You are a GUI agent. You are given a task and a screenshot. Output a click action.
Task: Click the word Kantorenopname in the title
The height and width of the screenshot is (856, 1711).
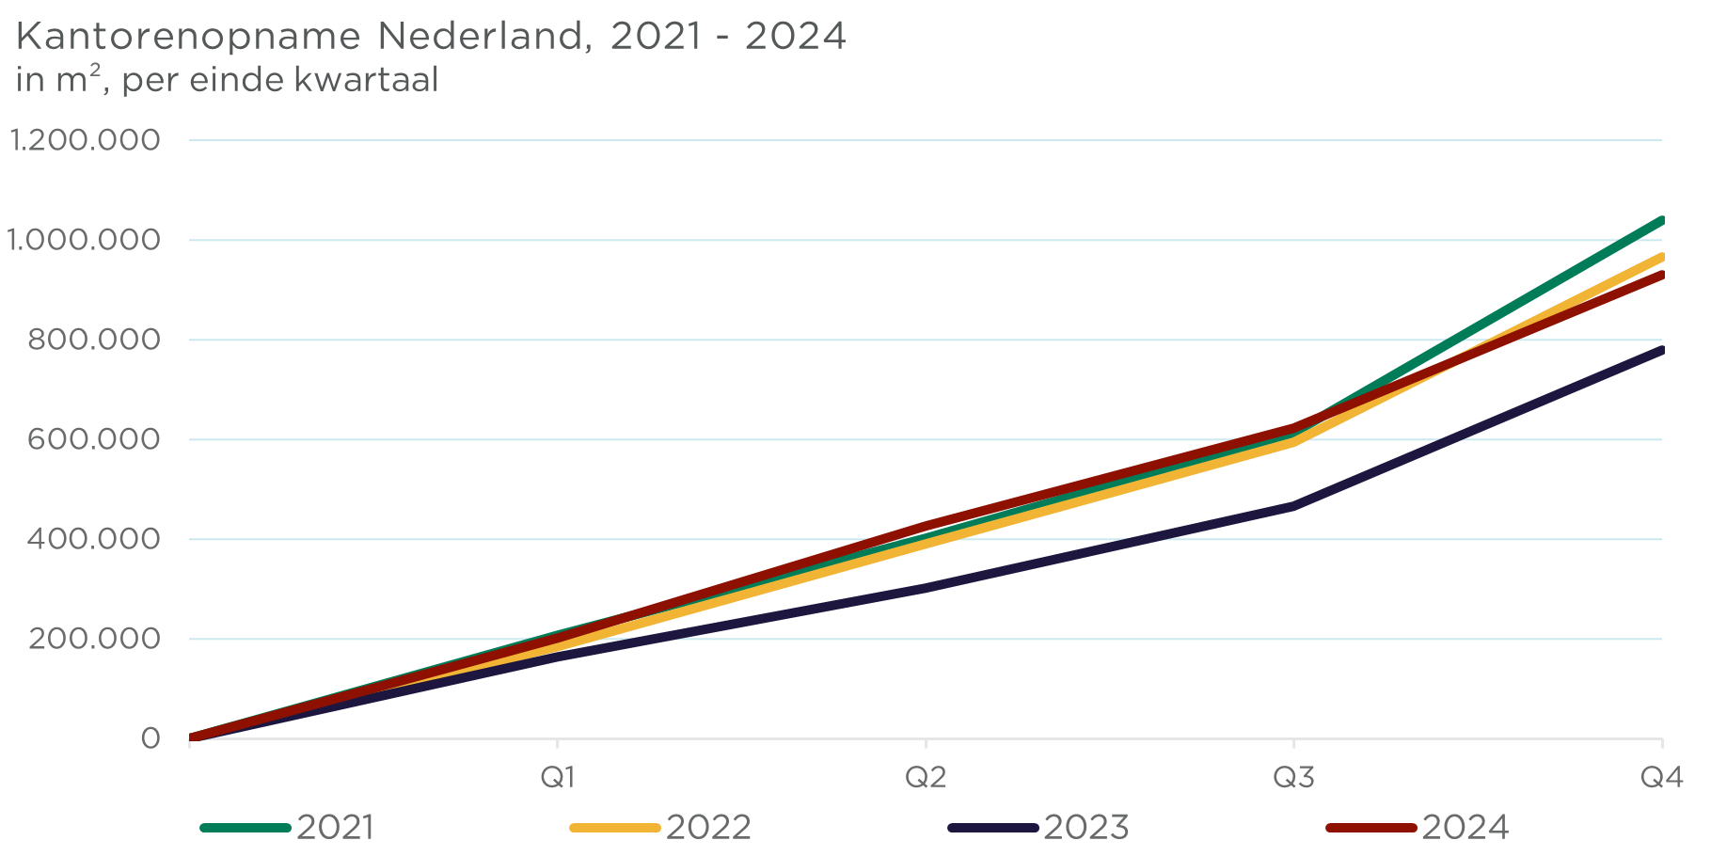coord(188,37)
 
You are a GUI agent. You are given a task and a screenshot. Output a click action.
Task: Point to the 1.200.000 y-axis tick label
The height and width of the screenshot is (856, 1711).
coord(85,140)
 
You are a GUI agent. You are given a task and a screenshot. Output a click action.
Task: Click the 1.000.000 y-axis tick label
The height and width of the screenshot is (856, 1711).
coord(84,240)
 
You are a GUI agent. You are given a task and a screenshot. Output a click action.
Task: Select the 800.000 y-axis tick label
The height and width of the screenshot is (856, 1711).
coord(94,340)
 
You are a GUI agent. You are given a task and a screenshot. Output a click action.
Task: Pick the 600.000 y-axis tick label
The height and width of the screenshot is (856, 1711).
coord(94,439)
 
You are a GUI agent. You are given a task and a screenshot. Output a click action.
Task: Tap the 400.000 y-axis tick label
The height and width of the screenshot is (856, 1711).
coord(94,539)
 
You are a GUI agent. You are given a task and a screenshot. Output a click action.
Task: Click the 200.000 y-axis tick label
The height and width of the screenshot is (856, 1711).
coord(94,639)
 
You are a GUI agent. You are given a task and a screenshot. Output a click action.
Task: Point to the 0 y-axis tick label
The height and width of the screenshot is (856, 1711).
coord(151,738)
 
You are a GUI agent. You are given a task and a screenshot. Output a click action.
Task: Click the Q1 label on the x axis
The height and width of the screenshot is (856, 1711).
coord(558,777)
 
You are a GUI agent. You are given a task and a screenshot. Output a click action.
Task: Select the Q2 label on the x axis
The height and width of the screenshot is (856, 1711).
coord(926,777)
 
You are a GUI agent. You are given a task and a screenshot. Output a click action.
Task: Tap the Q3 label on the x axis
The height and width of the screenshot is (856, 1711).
coord(1293,777)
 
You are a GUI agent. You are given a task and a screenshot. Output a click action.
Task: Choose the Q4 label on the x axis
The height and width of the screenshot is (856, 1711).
coord(1661,777)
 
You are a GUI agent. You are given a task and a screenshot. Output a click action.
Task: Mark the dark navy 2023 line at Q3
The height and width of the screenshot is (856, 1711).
coord(1293,506)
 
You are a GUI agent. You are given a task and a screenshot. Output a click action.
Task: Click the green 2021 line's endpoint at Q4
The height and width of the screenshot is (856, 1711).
coord(1660,221)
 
